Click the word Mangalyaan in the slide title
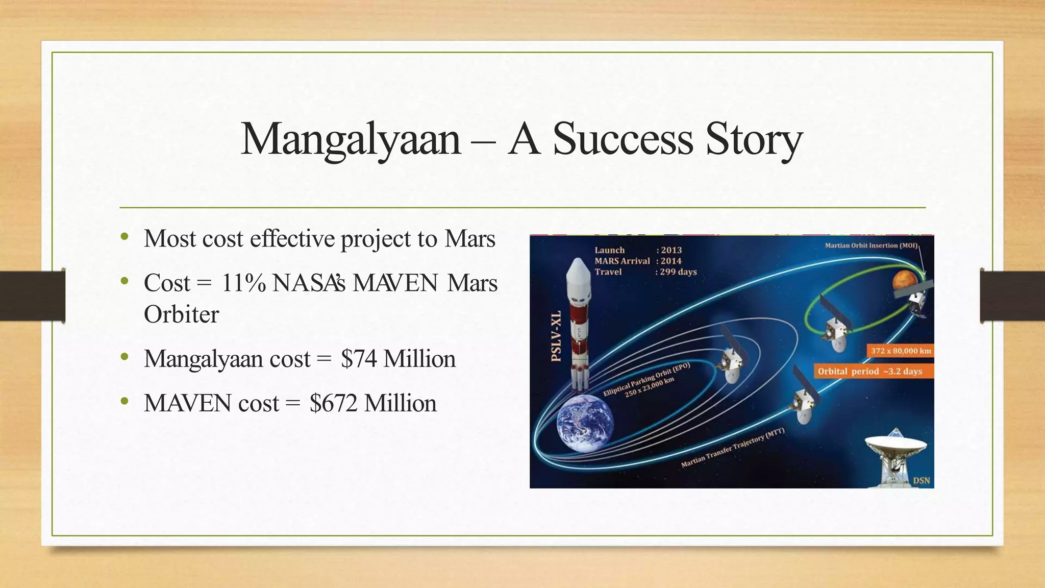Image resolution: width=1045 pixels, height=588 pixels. coord(351,139)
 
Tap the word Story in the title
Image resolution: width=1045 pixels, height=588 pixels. coord(754,139)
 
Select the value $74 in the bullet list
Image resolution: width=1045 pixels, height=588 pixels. coord(359,359)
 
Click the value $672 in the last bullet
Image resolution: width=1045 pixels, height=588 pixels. coord(333,403)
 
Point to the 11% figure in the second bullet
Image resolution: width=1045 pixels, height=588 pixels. coord(243,283)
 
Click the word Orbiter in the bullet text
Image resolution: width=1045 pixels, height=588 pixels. coord(181,314)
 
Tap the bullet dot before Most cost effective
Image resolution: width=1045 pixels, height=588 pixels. coord(125,237)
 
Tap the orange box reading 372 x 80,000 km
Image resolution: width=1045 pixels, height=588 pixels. coord(901,351)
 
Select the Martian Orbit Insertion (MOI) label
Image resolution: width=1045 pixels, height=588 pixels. coord(871,246)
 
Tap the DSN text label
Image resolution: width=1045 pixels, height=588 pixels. coord(921,480)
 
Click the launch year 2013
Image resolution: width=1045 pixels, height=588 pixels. coord(671,250)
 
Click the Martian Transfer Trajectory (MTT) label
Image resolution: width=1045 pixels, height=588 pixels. coord(732,449)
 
